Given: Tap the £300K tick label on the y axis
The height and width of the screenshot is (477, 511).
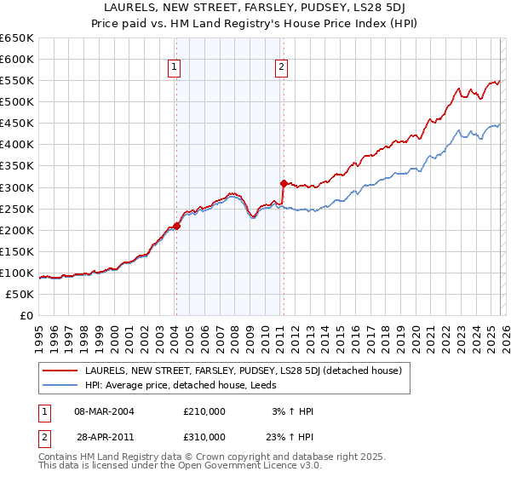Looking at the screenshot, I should tap(17, 187).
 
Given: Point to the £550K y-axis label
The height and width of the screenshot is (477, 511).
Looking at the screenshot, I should tap(17, 81).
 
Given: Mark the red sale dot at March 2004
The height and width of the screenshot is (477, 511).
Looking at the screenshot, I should tap(176, 226).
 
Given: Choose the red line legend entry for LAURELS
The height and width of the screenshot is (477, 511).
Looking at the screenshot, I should tap(248, 371).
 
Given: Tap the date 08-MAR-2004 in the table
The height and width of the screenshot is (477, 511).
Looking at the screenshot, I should tap(104, 411).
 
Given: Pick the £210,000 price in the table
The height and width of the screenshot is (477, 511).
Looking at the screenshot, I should tap(204, 411).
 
